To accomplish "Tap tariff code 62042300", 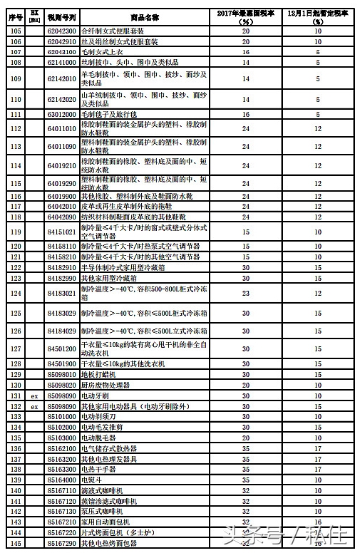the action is [x=61, y=31].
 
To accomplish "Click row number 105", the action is [x=15, y=31].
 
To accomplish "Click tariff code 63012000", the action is [x=61, y=114].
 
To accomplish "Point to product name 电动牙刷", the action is [x=95, y=396].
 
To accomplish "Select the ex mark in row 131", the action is [x=34, y=396].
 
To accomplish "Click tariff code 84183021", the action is [x=61, y=292].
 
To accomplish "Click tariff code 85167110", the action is [x=61, y=491].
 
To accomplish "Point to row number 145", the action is [x=15, y=544].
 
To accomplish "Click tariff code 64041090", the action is [x=61, y=216].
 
